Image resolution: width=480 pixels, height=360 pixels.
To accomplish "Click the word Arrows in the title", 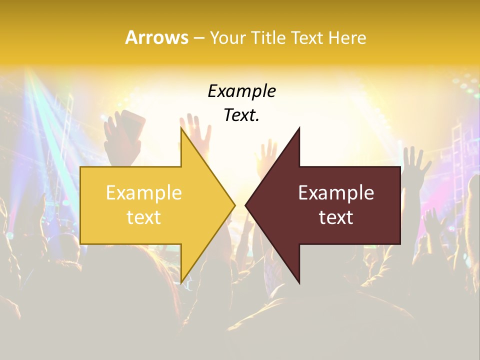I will (x=157, y=37).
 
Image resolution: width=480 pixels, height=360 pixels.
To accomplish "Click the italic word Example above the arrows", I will (x=241, y=91).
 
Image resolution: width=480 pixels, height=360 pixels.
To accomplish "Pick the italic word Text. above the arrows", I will (x=241, y=115).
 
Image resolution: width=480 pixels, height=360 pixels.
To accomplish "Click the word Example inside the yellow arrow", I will (x=144, y=193).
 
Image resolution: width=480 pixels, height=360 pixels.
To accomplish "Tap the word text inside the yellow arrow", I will (x=144, y=217).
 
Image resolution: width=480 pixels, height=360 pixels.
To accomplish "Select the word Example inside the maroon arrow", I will (x=336, y=193).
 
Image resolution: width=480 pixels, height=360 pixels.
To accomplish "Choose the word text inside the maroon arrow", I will (x=336, y=217).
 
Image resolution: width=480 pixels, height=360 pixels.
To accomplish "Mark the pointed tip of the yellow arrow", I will (x=235, y=205).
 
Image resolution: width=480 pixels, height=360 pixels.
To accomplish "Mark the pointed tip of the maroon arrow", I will (x=245, y=205).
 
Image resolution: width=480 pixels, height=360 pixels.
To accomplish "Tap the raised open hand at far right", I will (x=415, y=162).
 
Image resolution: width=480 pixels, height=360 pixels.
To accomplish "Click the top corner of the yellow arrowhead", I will (x=181, y=128).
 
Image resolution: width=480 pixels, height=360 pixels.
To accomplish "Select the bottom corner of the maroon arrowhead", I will (x=299, y=283).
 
